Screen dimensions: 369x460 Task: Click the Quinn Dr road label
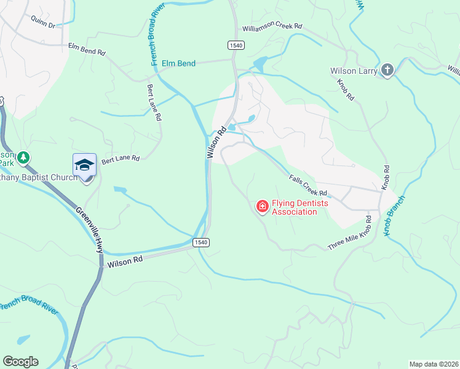pyautogui.click(x=43, y=26)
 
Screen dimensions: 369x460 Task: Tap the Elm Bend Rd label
pyautogui.click(x=86, y=49)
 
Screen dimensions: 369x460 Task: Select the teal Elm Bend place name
pyautogui.click(x=178, y=63)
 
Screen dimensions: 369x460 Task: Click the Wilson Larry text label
pyautogui.click(x=354, y=71)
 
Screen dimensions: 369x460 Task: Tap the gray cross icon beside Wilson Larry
pyautogui.click(x=387, y=71)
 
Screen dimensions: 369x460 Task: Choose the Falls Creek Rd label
pyautogui.click(x=307, y=186)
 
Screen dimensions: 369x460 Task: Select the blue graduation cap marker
pyautogui.click(x=84, y=165)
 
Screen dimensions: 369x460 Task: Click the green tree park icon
pyautogui.click(x=23, y=158)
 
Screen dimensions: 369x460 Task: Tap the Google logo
pyautogui.click(x=20, y=362)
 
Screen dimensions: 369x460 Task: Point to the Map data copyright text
pyautogui.click(x=434, y=364)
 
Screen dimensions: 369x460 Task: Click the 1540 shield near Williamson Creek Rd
pyautogui.click(x=236, y=45)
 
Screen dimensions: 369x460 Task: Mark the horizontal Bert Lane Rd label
pyautogui.click(x=121, y=159)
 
